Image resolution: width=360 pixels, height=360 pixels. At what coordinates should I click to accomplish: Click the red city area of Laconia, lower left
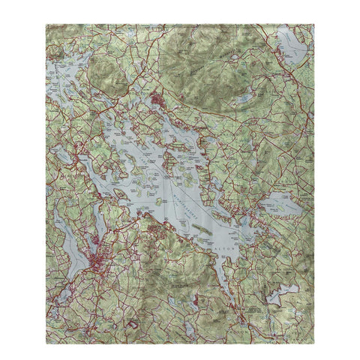pyautogui.click(x=98, y=262)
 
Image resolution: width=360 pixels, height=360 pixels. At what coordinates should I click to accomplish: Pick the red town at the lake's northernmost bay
pyautogui.click(x=157, y=97)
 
